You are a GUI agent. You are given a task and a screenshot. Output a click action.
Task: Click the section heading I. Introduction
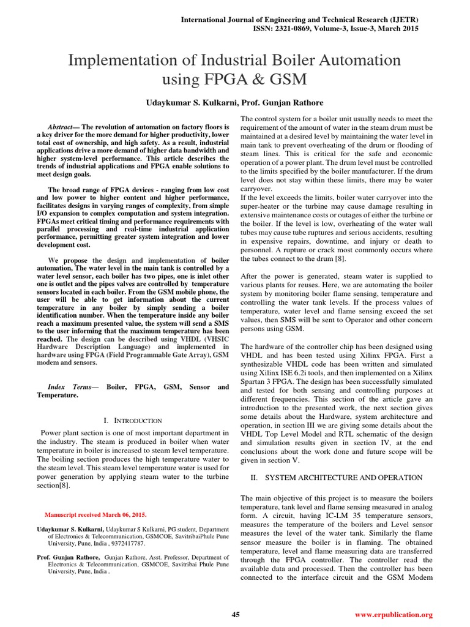click(x=133, y=421)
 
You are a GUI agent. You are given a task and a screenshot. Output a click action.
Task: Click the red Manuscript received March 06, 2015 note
click(x=96, y=514)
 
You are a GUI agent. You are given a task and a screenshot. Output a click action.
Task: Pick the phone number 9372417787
click(x=126, y=543)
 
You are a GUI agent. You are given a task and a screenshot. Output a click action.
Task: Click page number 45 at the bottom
click(x=235, y=614)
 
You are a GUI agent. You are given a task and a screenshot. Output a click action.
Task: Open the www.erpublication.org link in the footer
click(x=394, y=614)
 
